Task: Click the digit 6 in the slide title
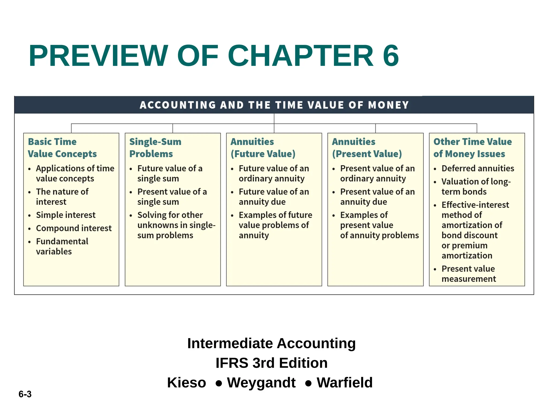[x=391, y=56]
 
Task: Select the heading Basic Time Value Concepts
[x=62, y=148]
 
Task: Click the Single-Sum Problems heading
[x=155, y=148]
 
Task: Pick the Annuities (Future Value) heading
[x=263, y=148]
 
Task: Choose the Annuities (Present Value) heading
[x=367, y=148]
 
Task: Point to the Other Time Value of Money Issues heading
[x=472, y=148]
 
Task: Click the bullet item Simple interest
[x=66, y=215]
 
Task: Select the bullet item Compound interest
[x=74, y=228]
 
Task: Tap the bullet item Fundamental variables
[x=62, y=246]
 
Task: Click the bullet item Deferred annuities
[x=478, y=168]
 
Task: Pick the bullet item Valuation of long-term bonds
[x=476, y=187]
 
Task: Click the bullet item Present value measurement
[x=469, y=274]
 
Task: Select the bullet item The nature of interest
[x=62, y=197]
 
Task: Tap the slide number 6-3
[x=25, y=394]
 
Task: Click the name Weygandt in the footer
[x=261, y=382]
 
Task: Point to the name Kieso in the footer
[x=187, y=382]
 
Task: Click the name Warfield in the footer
[x=345, y=382]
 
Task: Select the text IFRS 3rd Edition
[x=272, y=363]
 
